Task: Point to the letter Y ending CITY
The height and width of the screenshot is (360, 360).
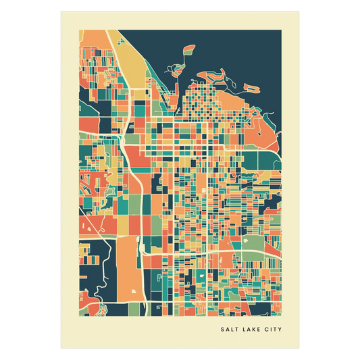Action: tap(280, 330)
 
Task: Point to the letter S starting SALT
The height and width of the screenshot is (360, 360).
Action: tap(222, 330)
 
